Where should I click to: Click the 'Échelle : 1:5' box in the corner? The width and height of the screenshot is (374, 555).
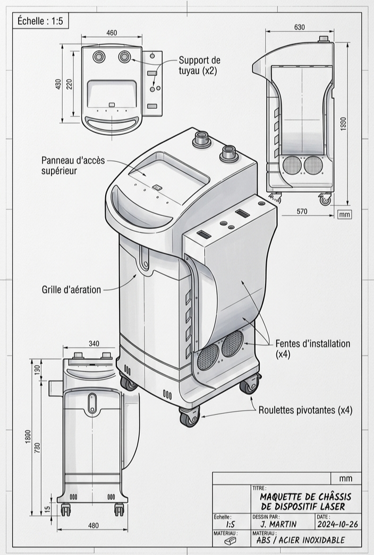[x=40, y=21]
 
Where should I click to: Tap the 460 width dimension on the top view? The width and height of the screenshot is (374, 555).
[x=112, y=33]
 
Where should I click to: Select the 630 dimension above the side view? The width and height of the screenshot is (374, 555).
[x=300, y=27]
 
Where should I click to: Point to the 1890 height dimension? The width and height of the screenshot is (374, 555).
[x=343, y=124]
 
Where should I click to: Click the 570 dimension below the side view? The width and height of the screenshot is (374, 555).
[x=302, y=211]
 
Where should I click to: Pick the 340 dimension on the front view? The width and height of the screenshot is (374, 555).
[x=93, y=343]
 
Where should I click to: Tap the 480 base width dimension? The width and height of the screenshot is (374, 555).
[x=93, y=525]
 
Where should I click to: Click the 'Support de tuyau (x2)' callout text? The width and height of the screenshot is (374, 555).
[x=199, y=65]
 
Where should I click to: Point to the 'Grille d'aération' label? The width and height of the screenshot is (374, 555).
[x=71, y=290]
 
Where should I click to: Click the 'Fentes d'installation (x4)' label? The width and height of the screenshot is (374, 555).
[x=312, y=349]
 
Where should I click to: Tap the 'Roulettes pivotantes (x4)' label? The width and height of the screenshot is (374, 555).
[x=305, y=410]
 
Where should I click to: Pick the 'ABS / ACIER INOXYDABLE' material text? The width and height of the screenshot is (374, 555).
[x=300, y=540]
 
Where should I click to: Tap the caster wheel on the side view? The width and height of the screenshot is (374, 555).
[x=325, y=200]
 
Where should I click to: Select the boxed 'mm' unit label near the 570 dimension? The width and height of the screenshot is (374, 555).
[x=344, y=214]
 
